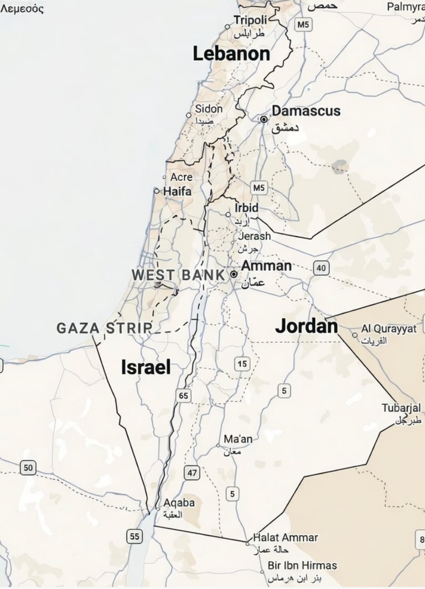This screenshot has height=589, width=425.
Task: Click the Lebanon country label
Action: (231, 54)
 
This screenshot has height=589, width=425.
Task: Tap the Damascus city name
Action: (306, 111)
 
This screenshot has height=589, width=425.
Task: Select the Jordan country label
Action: (307, 326)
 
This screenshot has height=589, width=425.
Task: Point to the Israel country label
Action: (146, 367)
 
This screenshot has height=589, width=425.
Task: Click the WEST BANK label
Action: (178, 274)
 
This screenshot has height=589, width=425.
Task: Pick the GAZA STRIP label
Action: (104, 327)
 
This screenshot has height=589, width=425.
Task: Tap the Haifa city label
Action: (177, 191)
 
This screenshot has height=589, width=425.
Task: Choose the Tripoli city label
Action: (250, 20)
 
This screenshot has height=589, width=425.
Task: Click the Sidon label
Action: (209, 109)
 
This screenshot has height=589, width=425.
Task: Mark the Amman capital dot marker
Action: (234, 274)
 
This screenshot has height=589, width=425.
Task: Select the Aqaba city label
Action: (179, 503)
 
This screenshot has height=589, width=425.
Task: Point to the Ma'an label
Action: (238, 439)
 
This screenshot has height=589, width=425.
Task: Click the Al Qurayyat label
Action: (388, 329)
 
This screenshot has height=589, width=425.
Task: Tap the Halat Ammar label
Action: (286, 538)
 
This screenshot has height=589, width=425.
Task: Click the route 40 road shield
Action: (320, 269)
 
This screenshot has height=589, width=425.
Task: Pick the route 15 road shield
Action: (242, 364)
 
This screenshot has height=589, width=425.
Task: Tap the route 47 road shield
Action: (192, 473)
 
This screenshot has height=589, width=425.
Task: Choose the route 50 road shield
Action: (28, 468)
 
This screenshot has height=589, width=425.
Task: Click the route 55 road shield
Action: (134, 535)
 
